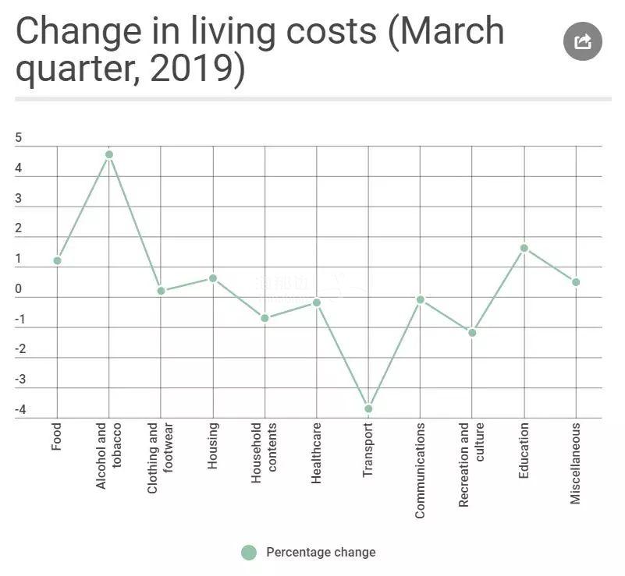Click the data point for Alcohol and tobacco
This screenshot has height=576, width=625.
[109, 154]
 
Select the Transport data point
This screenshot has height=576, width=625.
[368, 408]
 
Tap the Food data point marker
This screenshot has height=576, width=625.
[57, 260]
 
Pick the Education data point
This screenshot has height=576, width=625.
[524, 248]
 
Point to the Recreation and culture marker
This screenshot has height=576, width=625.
[472, 333]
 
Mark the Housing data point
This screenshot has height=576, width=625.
[213, 278]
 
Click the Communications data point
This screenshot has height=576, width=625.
[421, 299]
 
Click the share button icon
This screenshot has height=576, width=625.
[583, 41]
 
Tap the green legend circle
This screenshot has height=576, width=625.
[249, 553]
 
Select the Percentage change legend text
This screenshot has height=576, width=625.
[321, 553]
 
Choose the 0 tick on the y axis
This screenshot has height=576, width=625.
[19, 289]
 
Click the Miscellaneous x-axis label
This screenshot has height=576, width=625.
[576, 463]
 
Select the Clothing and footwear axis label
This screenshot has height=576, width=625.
[161, 458]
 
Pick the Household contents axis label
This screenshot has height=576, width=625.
[265, 453]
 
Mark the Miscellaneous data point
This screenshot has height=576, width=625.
[576, 282]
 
